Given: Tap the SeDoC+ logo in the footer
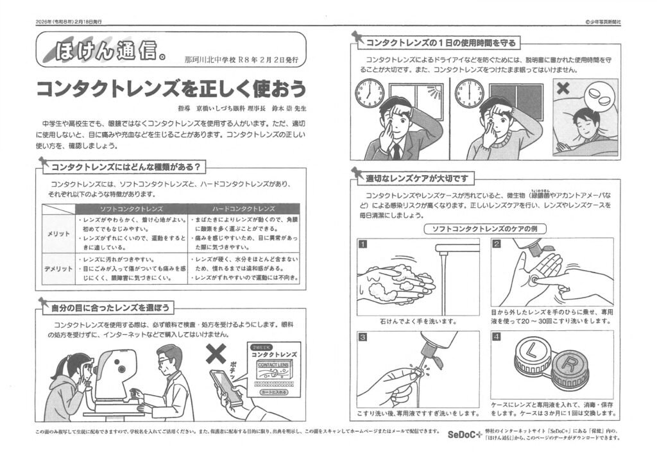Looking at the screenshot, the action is [x=465, y=434].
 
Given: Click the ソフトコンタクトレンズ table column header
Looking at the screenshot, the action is [x=131, y=208].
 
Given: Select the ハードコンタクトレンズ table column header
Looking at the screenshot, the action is [x=243, y=208].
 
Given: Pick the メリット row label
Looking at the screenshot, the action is [x=58, y=233].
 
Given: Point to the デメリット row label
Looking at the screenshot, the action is [x=58, y=269].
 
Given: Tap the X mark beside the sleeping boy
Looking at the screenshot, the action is [x=563, y=88].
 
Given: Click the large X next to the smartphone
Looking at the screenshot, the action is [x=216, y=354].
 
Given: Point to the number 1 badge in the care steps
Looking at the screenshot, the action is [x=363, y=244].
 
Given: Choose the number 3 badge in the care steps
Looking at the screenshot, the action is [x=363, y=337].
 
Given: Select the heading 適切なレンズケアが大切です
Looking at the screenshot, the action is [x=417, y=179].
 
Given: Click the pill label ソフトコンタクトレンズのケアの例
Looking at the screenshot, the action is [x=484, y=229].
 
